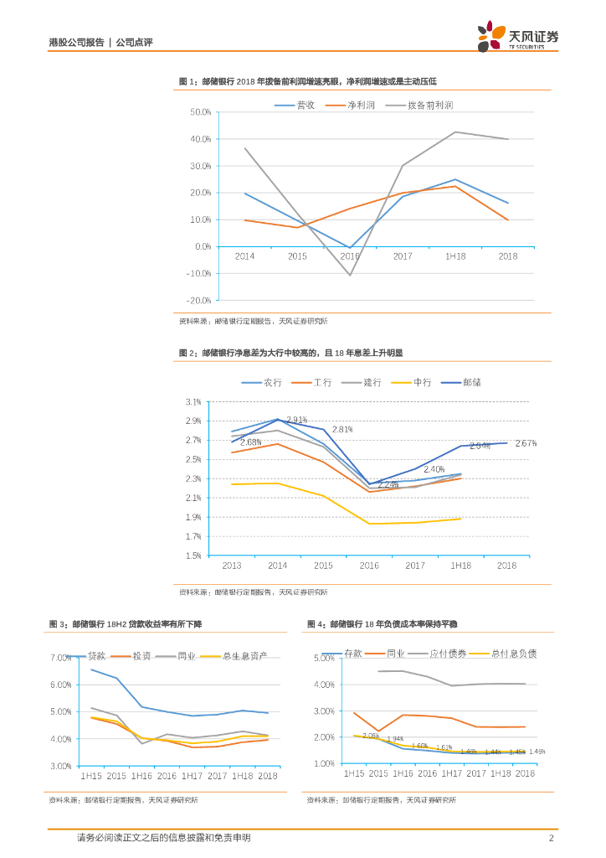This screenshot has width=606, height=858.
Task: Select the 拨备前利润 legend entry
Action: (x=430, y=105)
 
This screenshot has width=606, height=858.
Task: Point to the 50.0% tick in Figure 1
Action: (x=200, y=111)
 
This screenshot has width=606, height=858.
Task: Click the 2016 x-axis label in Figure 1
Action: (x=349, y=256)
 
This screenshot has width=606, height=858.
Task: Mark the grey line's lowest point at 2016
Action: (x=350, y=275)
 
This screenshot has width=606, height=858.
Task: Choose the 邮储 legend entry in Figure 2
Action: (x=481, y=382)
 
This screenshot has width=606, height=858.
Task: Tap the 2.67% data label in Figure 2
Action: (x=526, y=443)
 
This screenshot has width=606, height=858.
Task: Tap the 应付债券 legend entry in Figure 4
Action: (x=447, y=654)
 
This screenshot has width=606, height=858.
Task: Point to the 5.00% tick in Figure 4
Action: (x=323, y=659)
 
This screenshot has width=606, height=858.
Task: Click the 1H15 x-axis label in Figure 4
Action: (x=354, y=774)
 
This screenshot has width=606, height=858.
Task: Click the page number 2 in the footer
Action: (x=551, y=838)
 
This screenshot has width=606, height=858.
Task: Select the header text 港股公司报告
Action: (x=76, y=42)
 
